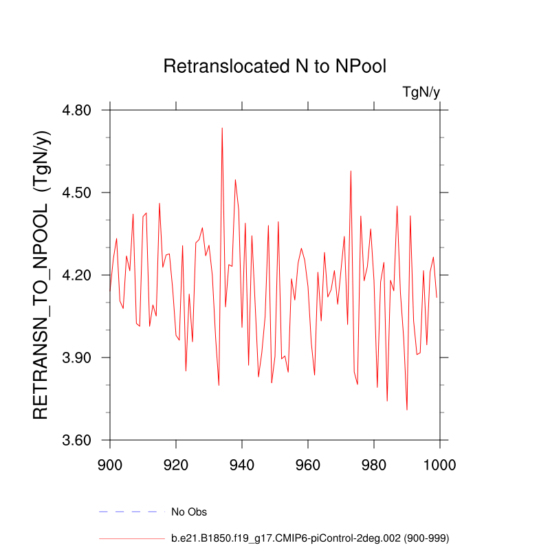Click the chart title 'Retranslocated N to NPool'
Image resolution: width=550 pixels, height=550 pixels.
point(275,67)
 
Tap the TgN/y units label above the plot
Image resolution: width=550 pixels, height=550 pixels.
point(421,93)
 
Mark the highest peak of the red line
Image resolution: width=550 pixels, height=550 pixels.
point(222,128)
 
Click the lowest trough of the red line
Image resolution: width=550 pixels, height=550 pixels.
point(407,410)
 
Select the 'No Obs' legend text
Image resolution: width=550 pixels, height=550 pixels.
point(189,511)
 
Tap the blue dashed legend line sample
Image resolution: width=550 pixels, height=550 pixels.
point(132,511)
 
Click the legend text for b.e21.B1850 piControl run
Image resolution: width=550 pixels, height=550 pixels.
point(311,538)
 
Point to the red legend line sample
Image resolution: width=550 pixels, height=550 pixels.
point(132,538)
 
